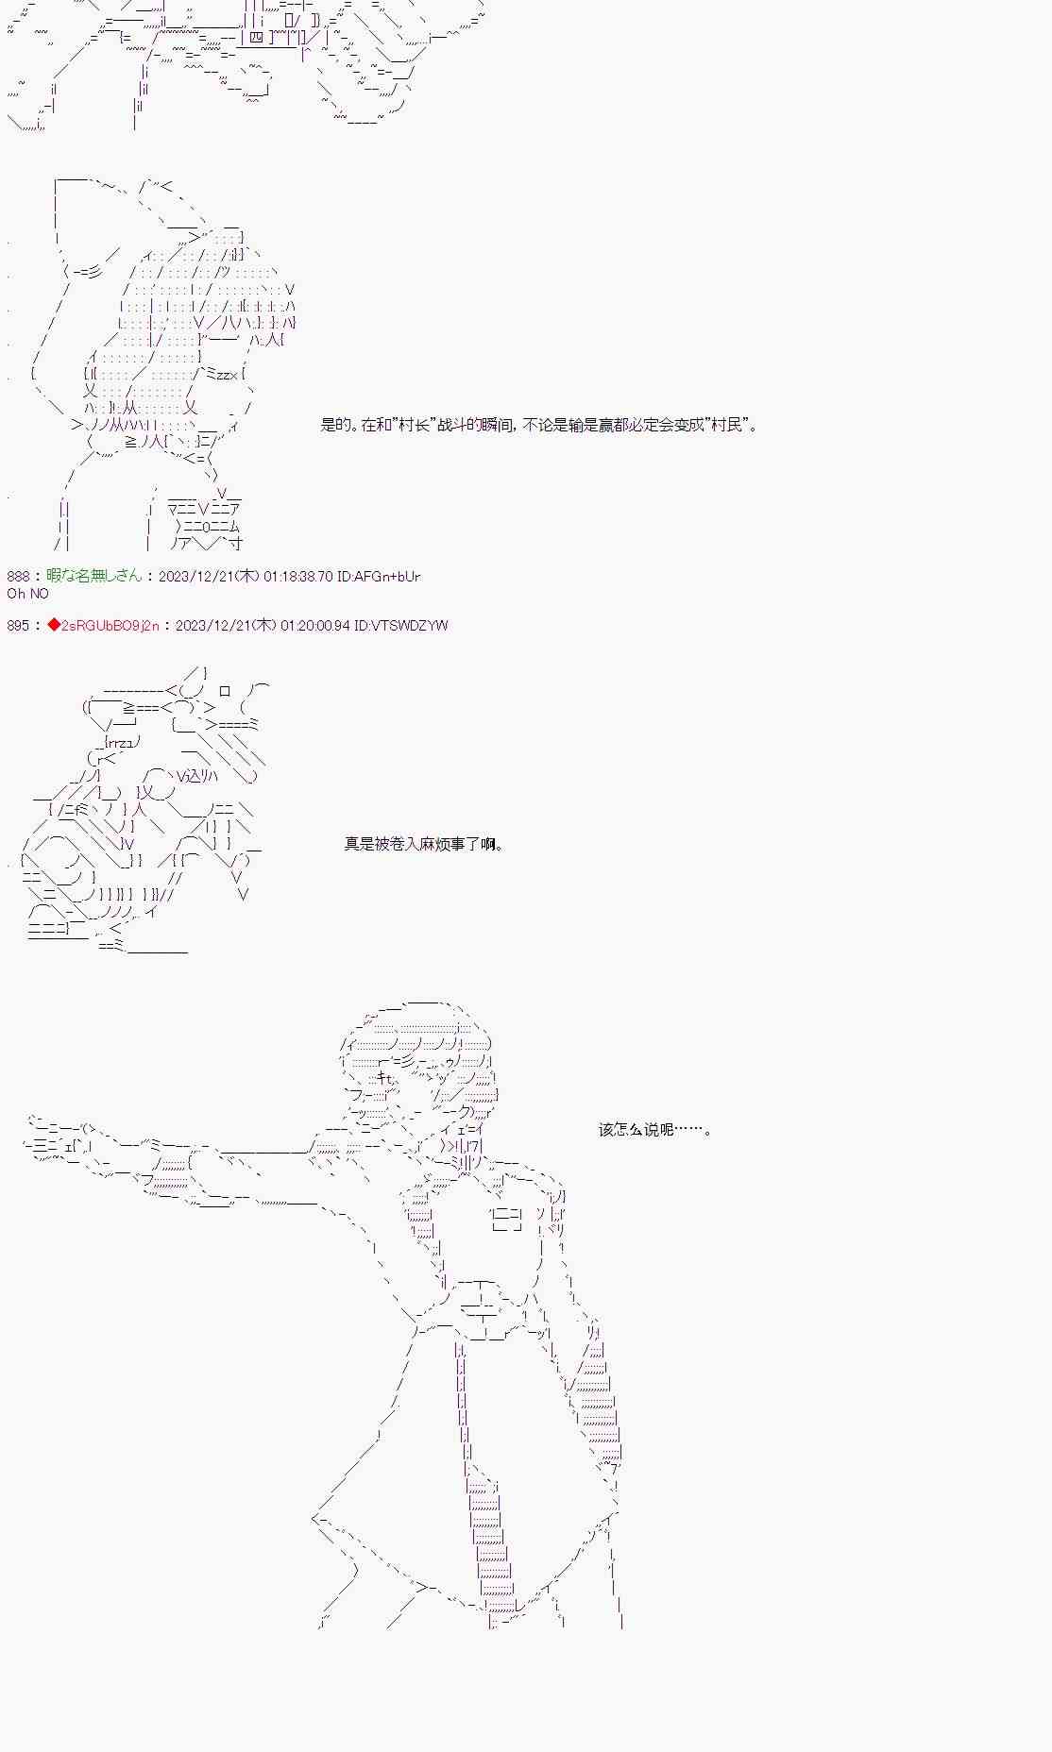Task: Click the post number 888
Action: [x=19, y=576]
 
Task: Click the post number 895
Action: [x=19, y=625]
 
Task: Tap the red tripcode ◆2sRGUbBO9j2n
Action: [x=104, y=625]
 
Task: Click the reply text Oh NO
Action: [x=27, y=593]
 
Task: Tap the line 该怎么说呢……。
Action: [x=654, y=1129]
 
